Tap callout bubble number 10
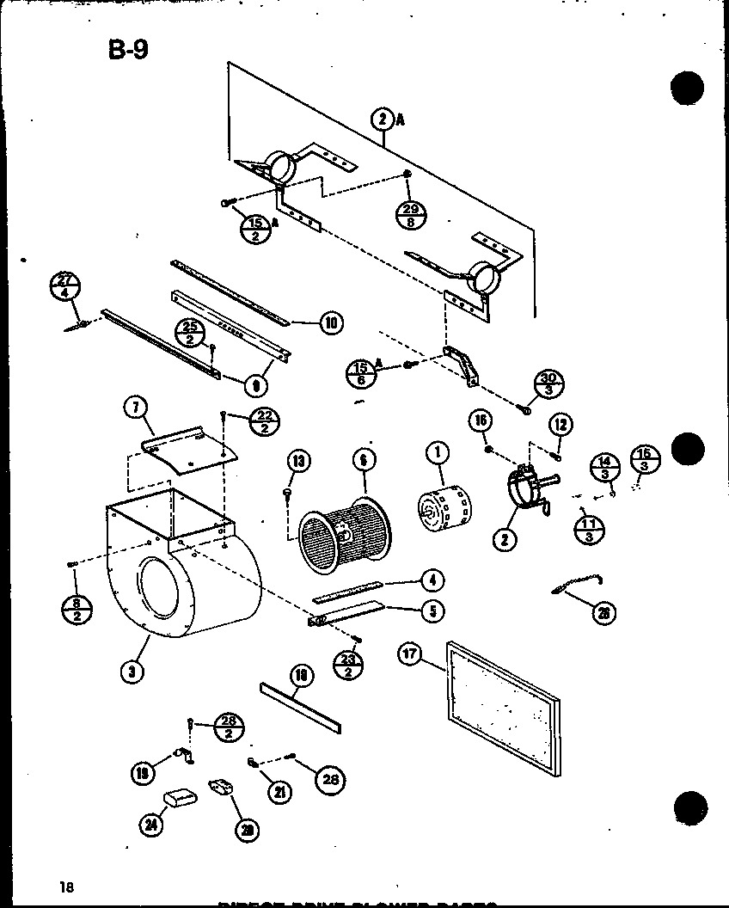[330, 322]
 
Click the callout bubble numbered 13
[297, 462]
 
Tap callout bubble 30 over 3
[547, 383]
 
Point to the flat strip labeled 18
[300, 701]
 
